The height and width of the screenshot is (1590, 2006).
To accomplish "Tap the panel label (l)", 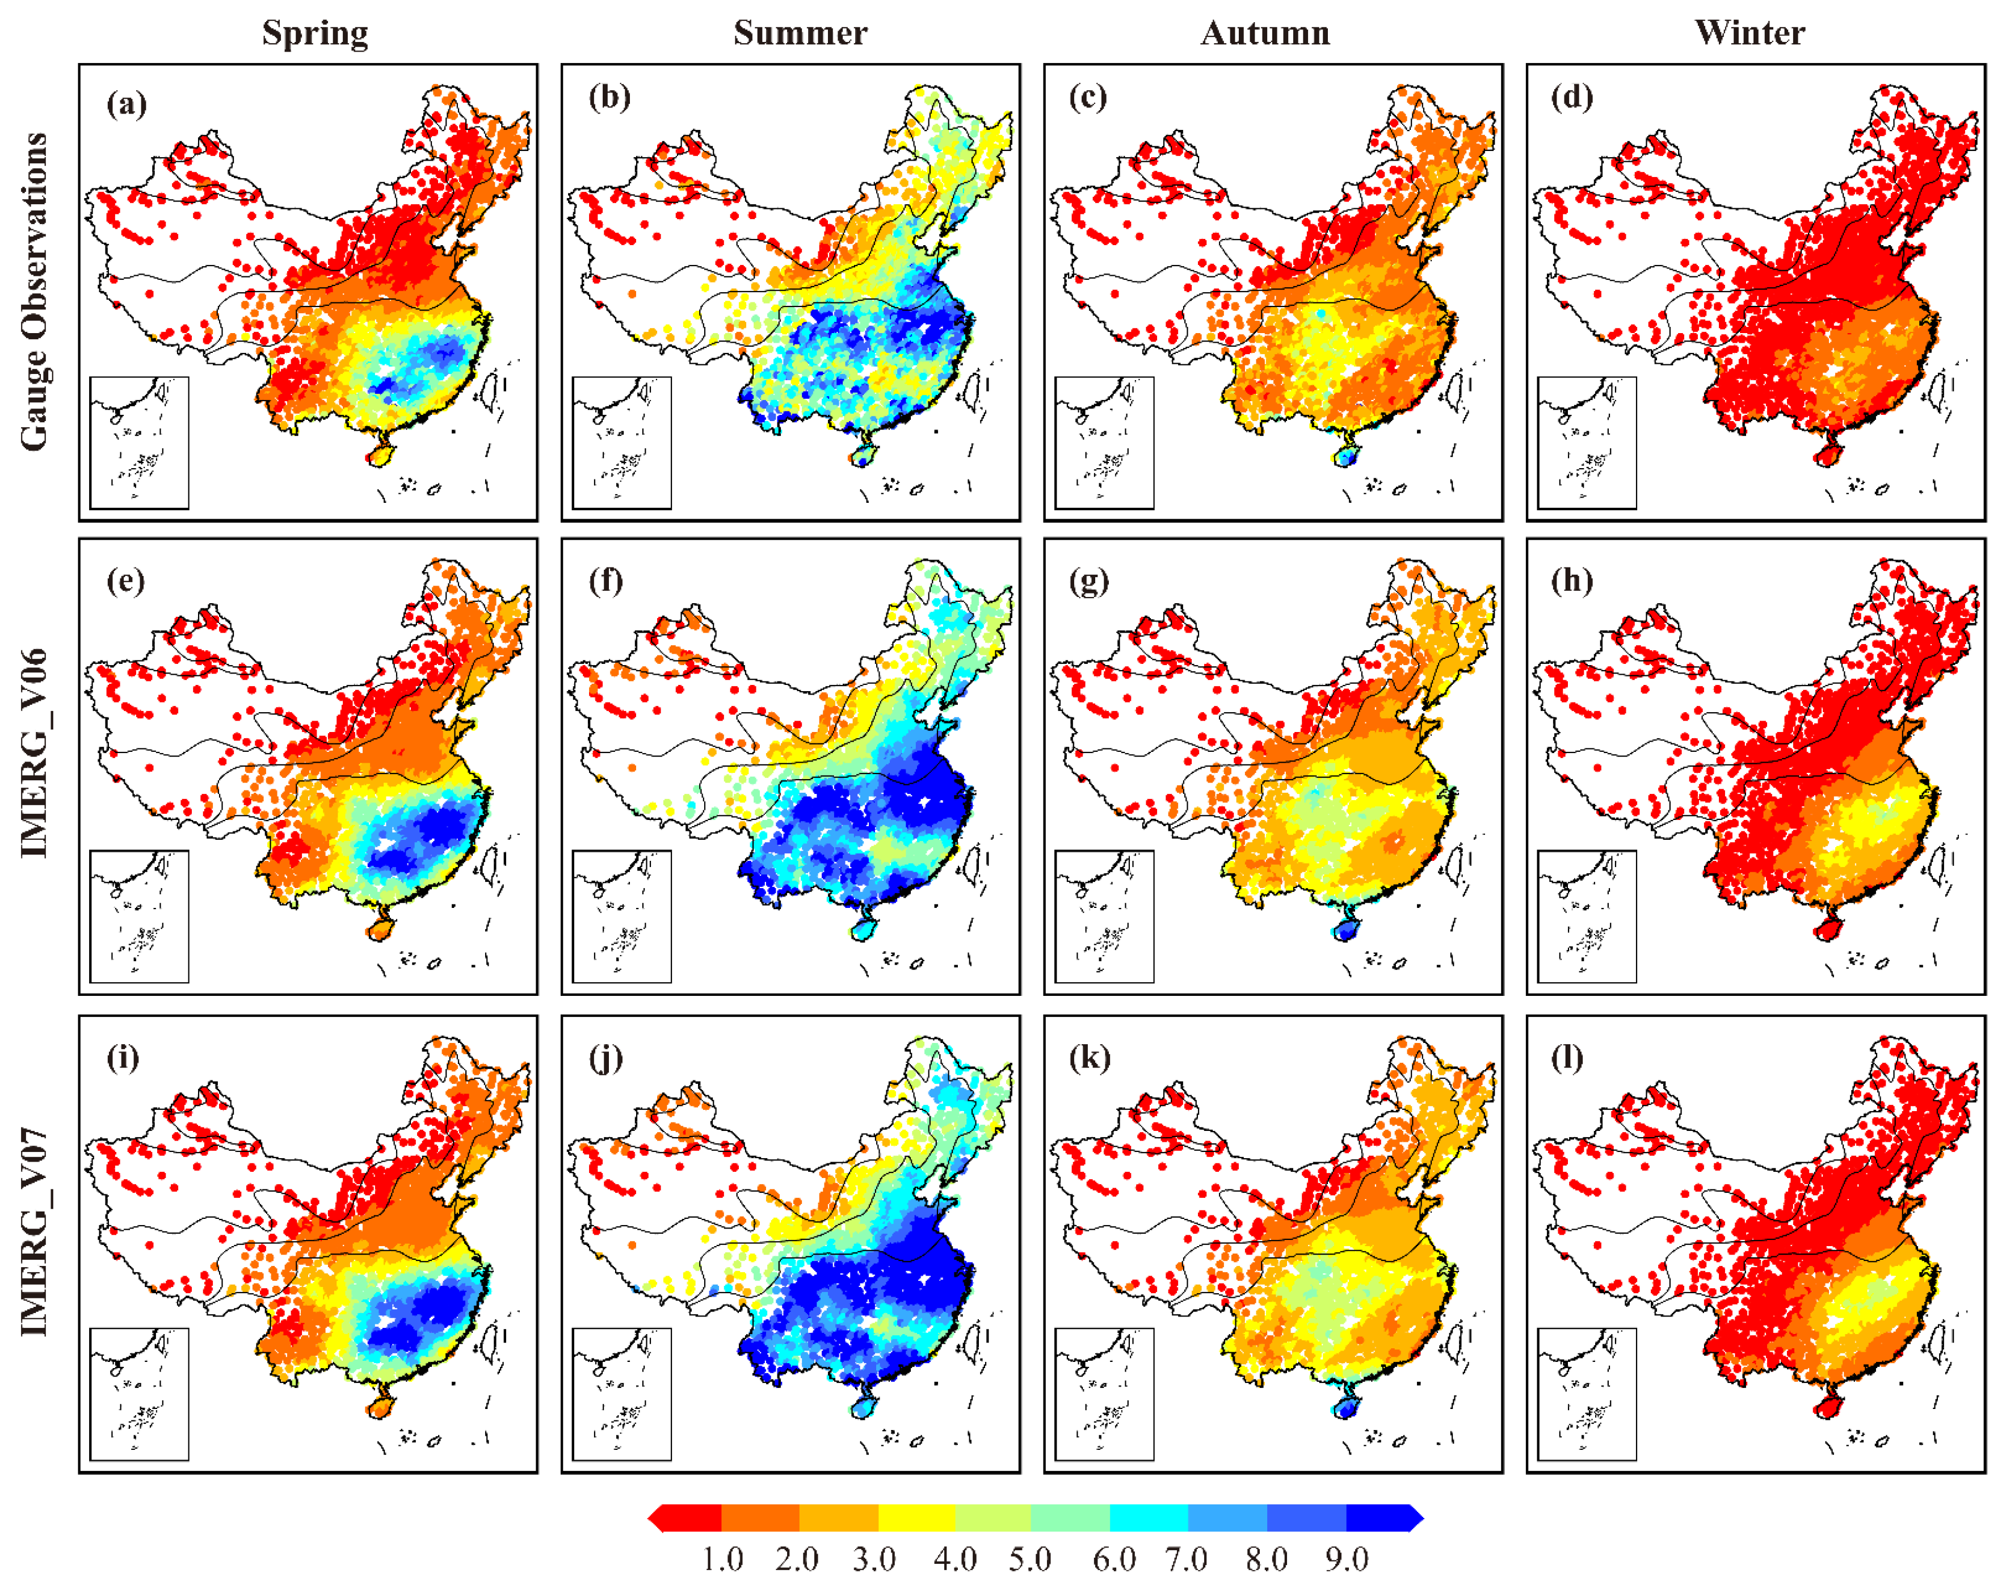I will pos(1567,1058).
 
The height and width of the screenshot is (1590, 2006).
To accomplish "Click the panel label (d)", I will pos(1571,97).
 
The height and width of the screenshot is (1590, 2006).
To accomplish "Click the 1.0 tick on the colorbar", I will pos(722,1558).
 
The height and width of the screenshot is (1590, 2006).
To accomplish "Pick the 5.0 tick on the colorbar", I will pos(1030,1558).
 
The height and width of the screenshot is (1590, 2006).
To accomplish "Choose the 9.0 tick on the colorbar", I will pos(1347,1558).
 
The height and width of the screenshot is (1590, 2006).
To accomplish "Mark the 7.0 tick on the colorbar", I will pos(1187,1558).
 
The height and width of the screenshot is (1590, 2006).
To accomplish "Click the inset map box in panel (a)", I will pos(140,443).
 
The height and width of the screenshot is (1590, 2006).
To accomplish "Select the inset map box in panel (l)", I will pos(1587,1394).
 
